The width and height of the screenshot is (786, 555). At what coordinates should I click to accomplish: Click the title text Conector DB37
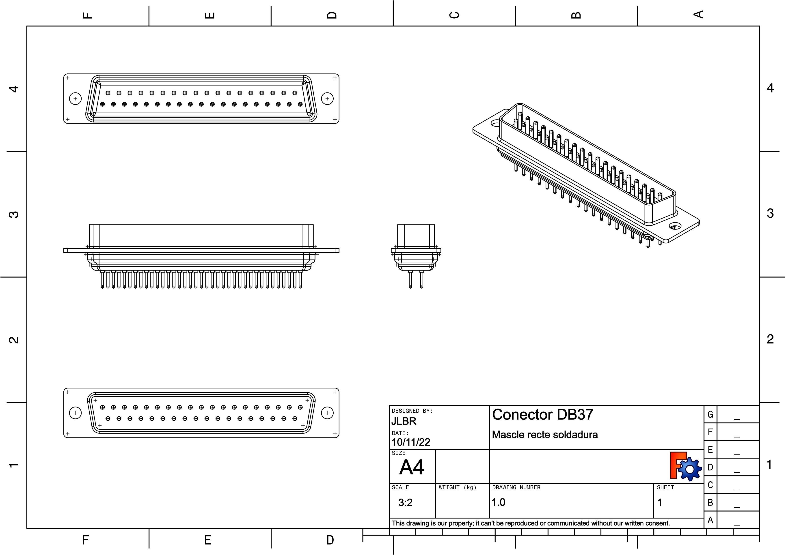click(x=542, y=414)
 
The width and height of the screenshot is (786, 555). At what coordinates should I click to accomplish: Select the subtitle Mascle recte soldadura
click(x=545, y=435)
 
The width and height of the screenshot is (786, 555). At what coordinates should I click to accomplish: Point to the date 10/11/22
click(x=410, y=442)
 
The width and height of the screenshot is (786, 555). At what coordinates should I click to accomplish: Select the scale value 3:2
click(x=405, y=502)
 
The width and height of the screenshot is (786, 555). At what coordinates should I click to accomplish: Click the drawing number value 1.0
click(x=499, y=502)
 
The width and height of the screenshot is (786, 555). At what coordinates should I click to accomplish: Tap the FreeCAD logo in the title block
click(x=685, y=466)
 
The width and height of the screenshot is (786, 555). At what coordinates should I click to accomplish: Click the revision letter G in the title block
click(x=710, y=414)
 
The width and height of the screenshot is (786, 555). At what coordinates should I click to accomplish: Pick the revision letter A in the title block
click(x=710, y=520)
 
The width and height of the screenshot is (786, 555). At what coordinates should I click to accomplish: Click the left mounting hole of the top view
click(x=75, y=99)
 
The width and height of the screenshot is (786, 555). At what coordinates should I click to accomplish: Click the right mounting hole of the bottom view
click(x=327, y=413)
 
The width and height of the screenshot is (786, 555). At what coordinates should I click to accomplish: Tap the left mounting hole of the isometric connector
click(x=495, y=122)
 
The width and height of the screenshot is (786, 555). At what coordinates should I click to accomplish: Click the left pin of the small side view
click(x=410, y=279)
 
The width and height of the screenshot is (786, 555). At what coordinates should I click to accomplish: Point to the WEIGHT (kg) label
click(x=457, y=487)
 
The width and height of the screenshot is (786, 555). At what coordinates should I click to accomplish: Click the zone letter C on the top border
click(x=454, y=15)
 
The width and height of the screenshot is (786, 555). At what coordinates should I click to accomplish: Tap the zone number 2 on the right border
click(x=770, y=339)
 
